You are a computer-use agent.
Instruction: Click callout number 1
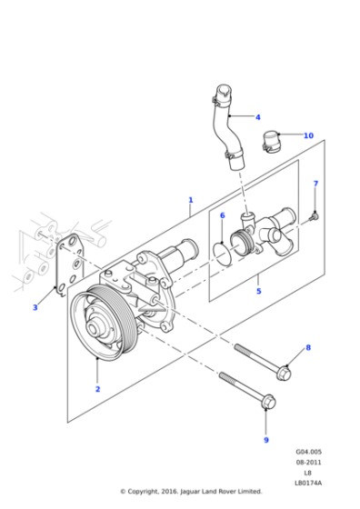tap(190, 199)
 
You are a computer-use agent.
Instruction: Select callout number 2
tap(97, 389)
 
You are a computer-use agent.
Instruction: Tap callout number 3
tap(35, 307)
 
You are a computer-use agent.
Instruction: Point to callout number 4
tap(257, 117)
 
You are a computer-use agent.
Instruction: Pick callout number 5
tap(258, 292)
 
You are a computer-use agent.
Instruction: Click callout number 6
tap(222, 215)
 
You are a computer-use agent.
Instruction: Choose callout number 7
tap(315, 185)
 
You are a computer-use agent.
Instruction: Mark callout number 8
tap(307, 347)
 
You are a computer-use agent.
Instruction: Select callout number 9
tap(265, 440)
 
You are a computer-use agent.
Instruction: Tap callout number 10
tap(308, 135)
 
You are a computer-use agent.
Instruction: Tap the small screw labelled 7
tap(312, 215)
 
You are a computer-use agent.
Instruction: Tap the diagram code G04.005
tap(307, 452)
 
